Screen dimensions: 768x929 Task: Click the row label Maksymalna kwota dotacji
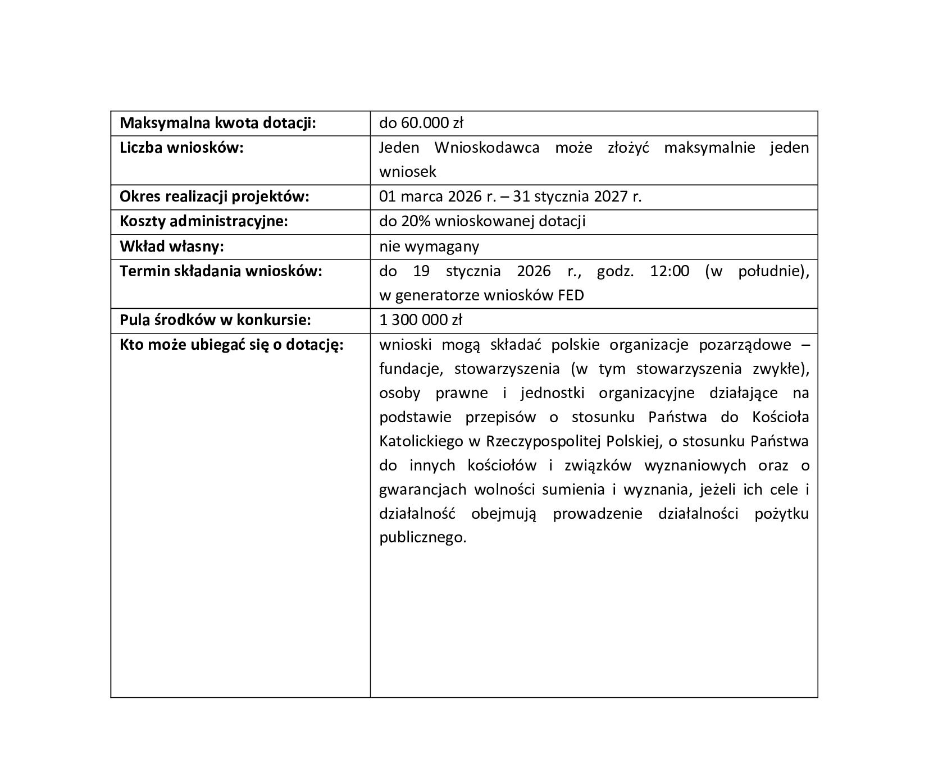[218, 123]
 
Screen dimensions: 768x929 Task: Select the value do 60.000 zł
[421, 123]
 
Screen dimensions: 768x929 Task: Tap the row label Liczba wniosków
[181, 148]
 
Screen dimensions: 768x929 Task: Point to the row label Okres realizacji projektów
[214, 196]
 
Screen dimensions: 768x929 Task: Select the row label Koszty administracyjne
[203, 221]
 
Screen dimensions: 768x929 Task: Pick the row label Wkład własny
[171, 246]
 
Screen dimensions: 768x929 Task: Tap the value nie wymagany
[429, 246]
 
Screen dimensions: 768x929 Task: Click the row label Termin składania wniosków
[221, 271]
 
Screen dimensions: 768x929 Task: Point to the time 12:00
[669, 271]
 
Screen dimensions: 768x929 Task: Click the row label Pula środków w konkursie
[215, 320]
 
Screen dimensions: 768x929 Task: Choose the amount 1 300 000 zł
[420, 320]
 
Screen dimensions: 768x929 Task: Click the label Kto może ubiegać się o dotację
[231, 345]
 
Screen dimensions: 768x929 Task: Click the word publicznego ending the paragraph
[422, 538]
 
